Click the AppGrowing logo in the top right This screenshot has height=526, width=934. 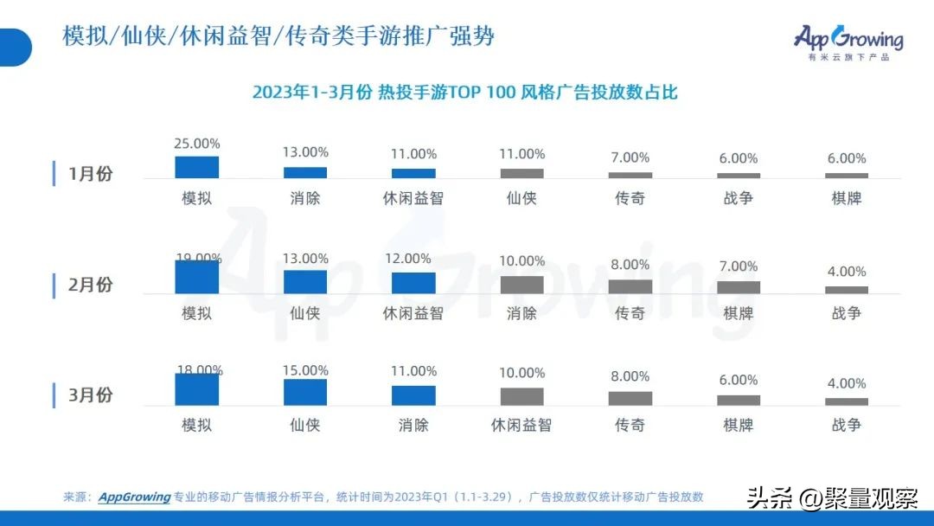(x=848, y=40)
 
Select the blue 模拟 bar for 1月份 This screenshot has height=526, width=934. (x=197, y=167)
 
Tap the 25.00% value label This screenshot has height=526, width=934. (x=197, y=144)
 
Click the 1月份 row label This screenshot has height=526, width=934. (x=90, y=174)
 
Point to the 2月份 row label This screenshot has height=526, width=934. (x=90, y=285)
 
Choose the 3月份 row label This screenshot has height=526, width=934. (x=90, y=395)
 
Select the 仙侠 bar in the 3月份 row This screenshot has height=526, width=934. (x=305, y=392)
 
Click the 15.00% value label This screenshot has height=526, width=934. (x=305, y=369)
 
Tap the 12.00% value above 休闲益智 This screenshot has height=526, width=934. (x=413, y=259)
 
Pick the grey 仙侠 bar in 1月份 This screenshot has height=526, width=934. (x=522, y=173)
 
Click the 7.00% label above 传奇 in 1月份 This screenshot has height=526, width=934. (x=630, y=157)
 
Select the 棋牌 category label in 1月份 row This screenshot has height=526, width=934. (x=847, y=198)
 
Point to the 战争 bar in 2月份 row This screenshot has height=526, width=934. (x=847, y=290)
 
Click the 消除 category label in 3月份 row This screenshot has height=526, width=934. (x=413, y=425)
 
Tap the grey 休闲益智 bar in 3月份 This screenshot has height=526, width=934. (x=522, y=396)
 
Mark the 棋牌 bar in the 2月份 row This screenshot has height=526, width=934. (x=739, y=287)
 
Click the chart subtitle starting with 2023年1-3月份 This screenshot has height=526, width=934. (x=465, y=93)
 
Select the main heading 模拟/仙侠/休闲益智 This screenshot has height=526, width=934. (x=278, y=37)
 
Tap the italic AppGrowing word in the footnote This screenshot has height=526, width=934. (x=134, y=497)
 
